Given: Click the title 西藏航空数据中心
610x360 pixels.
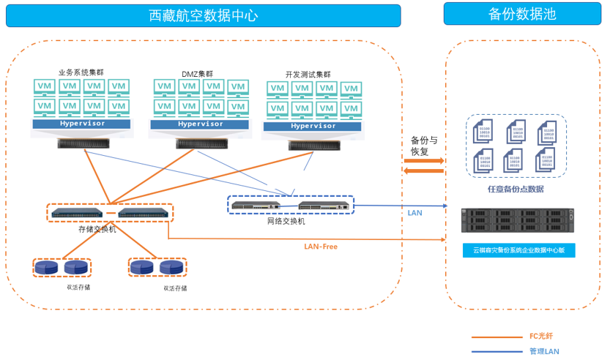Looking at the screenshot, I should tap(203, 15).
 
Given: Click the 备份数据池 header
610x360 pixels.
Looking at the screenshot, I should tap(521, 14).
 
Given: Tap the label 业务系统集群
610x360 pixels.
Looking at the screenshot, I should tap(81, 72).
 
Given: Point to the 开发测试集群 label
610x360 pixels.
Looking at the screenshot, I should tap(308, 75).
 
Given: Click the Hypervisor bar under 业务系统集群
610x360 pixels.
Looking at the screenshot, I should tap(81, 124).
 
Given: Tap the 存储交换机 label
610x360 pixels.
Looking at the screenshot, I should tap(97, 229).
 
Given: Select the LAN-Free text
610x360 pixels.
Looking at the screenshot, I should tap(321, 247).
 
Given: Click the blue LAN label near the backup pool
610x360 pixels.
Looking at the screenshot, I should tap(414, 213).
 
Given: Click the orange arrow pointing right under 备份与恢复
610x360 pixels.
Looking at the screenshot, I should tap(424, 160).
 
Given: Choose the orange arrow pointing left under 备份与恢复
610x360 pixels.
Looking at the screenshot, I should tap(424, 171).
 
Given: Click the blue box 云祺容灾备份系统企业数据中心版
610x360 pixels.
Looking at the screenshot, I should tap(518, 250).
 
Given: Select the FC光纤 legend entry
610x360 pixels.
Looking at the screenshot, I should tap(541, 337).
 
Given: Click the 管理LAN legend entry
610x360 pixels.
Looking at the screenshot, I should tap(543, 351).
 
